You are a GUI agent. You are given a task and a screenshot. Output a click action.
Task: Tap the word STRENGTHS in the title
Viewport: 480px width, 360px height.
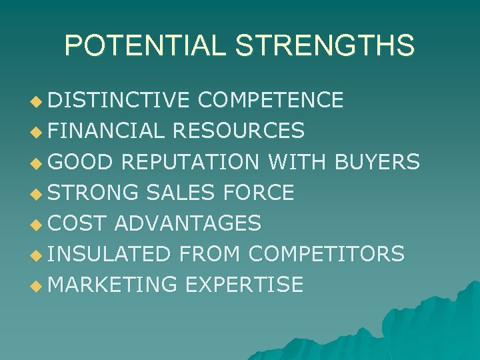point(325,45)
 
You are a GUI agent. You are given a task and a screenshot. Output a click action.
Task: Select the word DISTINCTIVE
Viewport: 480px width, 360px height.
point(119,100)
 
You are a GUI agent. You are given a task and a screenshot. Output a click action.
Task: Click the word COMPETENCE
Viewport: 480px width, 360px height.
point(271,100)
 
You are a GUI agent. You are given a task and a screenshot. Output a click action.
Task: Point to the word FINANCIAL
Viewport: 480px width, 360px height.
point(106,131)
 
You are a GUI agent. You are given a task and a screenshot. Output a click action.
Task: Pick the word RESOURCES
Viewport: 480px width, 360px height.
point(238,131)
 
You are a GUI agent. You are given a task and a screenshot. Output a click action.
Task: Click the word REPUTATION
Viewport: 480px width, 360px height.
point(194,161)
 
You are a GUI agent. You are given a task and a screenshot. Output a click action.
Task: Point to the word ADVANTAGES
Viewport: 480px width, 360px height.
point(187,223)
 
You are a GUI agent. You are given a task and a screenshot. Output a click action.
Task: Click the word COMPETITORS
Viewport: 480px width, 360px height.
point(326,254)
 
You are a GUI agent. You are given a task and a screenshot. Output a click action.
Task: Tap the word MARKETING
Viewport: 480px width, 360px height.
point(113,285)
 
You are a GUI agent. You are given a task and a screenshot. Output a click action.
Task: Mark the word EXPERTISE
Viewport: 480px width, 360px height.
point(244,285)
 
